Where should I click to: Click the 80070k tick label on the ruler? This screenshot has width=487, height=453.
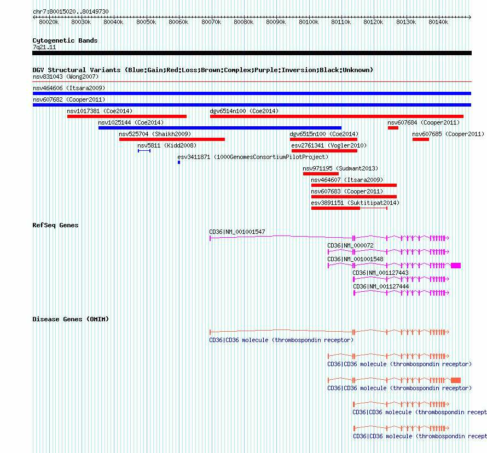coord(211,22)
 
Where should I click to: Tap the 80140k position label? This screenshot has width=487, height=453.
coord(438,22)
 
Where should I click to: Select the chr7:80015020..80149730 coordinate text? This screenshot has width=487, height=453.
coord(71,11)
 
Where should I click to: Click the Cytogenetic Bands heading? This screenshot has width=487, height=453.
coord(65,40)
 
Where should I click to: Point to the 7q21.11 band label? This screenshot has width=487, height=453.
coord(44,47)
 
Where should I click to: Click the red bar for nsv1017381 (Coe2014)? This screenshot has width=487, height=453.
coord(127,116)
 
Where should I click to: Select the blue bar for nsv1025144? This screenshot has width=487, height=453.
coord(220,128)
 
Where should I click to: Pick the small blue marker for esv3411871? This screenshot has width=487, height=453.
coord(179,162)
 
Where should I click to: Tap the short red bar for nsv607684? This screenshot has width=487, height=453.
coord(393,128)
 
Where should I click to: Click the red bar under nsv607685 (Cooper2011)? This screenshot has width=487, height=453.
coord(421,139)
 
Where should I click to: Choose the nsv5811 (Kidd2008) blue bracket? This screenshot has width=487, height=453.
coord(144,151)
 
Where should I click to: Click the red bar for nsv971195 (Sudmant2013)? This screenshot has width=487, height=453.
coord(321,174)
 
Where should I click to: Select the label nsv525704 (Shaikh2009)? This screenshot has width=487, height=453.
coord(155,134)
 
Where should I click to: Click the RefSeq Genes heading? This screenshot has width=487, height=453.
coord(55,225)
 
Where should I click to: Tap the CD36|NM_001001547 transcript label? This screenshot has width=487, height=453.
coord(237,232)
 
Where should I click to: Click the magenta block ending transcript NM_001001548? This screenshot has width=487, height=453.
coord(456,266)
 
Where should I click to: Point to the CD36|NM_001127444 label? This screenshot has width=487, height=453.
coord(381,286)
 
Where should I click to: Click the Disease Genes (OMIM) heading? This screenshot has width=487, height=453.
coord(71,319)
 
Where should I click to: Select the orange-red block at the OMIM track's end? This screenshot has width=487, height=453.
coord(456,380)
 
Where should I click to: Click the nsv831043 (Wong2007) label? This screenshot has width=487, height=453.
coord(66,77)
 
